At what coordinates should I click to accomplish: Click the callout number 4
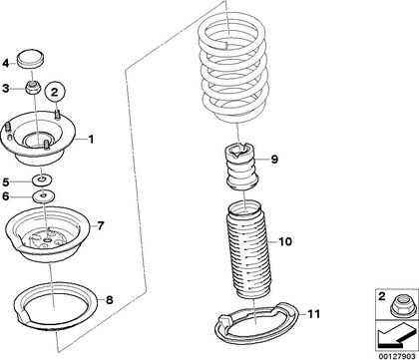tap(6, 63)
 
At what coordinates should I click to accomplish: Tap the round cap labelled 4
tap(30, 59)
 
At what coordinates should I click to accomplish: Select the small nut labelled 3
tap(31, 88)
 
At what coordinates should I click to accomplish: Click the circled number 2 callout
tap(54, 92)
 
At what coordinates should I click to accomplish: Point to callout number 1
tap(91, 139)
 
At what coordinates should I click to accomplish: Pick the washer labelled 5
tap(42, 180)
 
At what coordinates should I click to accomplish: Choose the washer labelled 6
tap(44, 195)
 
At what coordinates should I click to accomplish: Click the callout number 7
tap(101, 226)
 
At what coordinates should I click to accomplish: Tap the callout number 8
tap(110, 300)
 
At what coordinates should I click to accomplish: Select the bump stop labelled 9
tap(241, 167)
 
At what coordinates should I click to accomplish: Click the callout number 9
tap(274, 160)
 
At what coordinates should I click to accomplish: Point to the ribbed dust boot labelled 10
tap(249, 251)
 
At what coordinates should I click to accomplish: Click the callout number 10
tap(285, 241)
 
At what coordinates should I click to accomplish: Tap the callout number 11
tap(312, 314)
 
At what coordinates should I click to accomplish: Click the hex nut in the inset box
tap(399, 306)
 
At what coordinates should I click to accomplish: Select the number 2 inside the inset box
tap(382, 296)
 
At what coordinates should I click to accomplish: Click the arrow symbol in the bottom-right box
tap(396, 336)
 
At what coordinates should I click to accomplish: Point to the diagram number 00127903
tap(396, 355)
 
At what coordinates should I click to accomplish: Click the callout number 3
tap(6, 89)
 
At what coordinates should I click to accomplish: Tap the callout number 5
tap(6, 182)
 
